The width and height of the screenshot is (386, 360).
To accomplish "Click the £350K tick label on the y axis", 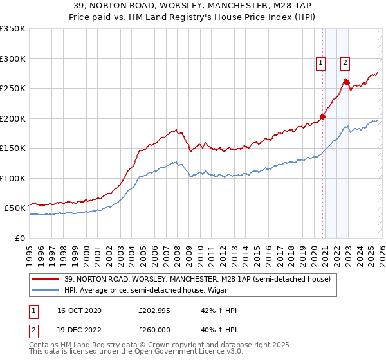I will point(13,29).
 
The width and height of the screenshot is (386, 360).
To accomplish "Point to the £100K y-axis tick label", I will point(13,178).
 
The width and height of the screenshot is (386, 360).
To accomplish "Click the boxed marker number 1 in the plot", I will point(320,63).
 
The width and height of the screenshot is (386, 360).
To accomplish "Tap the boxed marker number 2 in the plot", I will point(345,63).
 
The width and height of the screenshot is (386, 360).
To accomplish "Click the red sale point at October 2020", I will point(323,117).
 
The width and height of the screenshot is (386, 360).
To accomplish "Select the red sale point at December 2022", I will point(347,82).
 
